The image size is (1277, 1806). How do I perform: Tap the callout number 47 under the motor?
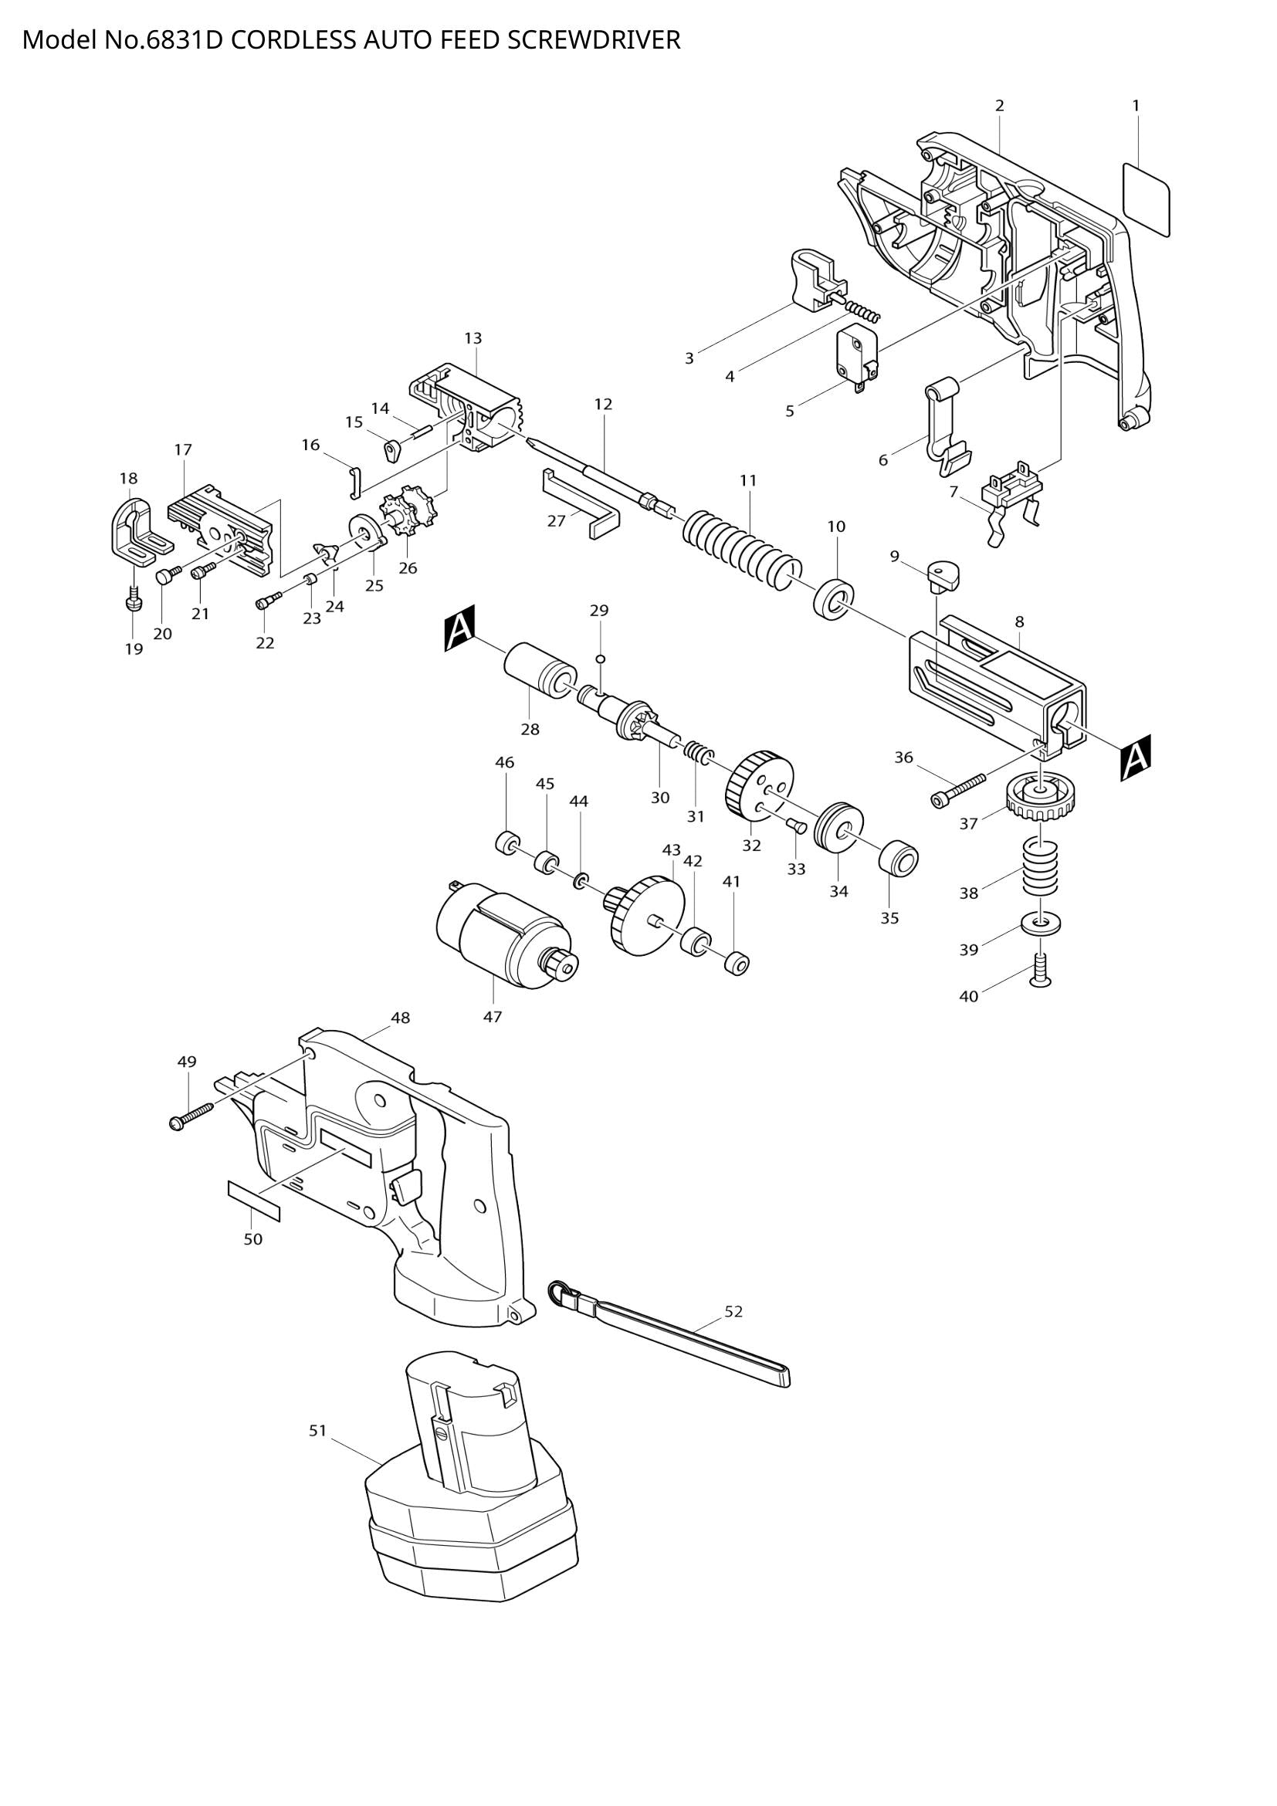pyautogui.click(x=493, y=1017)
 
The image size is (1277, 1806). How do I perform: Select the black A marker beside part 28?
pyautogui.click(x=460, y=628)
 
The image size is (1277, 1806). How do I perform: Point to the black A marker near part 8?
pyautogui.click(x=1136, y=757)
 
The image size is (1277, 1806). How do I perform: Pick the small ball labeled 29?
pyautogui.click(x=600, y=659)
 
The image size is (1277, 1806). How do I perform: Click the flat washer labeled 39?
pyautogui.click(x=1041, y=922)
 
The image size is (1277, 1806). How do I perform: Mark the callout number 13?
pyautogui.click(x=473, y=338)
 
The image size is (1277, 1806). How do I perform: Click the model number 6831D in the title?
pyautogui.click(x=185, y=40)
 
